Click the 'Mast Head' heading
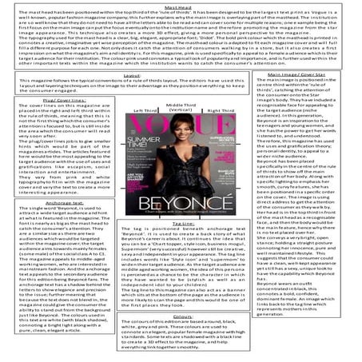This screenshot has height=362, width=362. point(181,4)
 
